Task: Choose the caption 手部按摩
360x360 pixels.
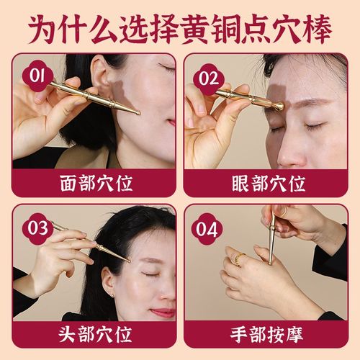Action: [x=269, y=336]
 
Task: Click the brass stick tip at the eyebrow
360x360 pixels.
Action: [x=277, y=107]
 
